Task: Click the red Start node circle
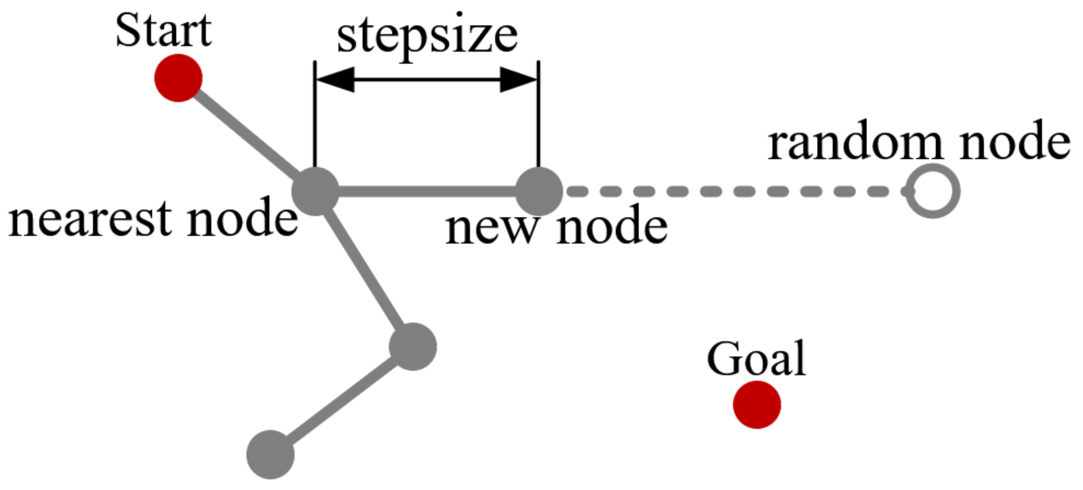178,78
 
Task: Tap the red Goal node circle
757,404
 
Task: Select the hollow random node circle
933,191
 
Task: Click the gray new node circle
539,191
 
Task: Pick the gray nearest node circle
315,191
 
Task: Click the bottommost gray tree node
271,455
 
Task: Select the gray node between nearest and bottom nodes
413,347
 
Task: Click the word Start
163,30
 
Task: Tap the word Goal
756,359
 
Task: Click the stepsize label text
427,36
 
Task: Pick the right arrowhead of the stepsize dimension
518,80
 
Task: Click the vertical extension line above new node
538,114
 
